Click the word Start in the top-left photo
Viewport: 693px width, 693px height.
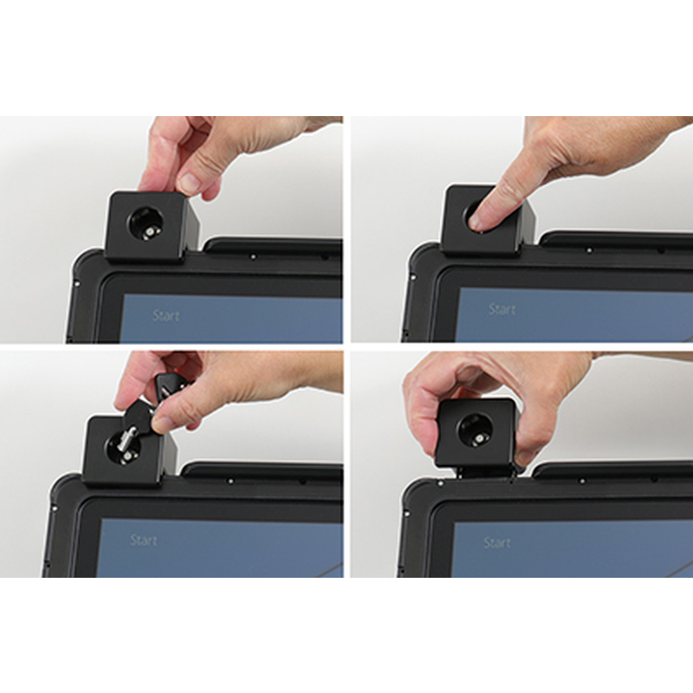(x=165, y=315)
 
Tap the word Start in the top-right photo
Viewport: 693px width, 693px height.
(x=502, y=309)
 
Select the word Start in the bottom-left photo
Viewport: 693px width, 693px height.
(x=144, y=540)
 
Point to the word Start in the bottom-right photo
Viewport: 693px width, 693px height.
(x=497, y=543)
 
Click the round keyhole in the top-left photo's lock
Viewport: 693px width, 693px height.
(x=146, y=224)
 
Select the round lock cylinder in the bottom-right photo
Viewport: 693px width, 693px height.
(x=476, y=431)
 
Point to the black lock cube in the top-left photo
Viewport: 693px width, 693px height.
(x=152, y=226)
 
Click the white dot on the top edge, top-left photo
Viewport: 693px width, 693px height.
(x=253, y=256)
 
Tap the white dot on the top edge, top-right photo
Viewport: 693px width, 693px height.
(x=589, y=250)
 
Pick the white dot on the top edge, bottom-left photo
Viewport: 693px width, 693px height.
(x=230, y=481)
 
